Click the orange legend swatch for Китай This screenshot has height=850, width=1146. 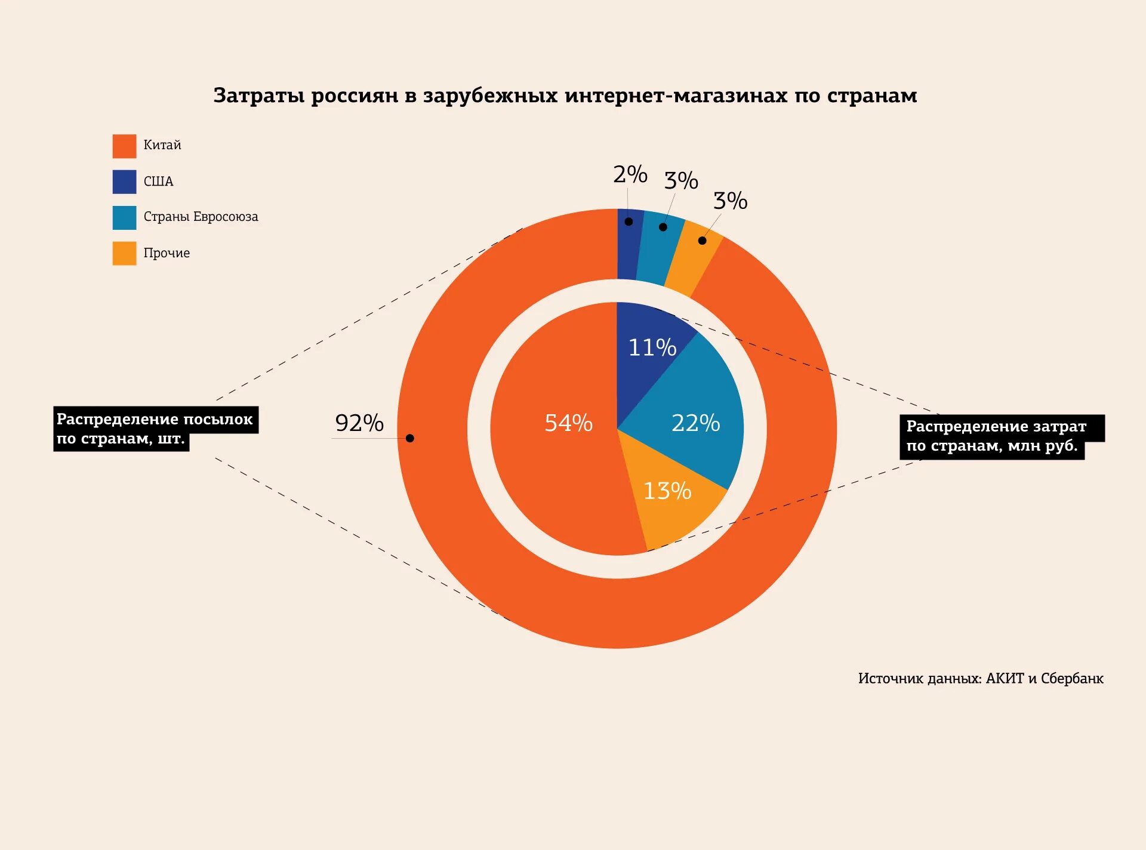click(x=124, y=146)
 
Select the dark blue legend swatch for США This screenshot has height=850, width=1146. click(x=124, y=182)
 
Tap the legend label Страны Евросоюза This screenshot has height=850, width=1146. click(x=201, y=217)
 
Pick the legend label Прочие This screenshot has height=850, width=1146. click(x=167, y=253)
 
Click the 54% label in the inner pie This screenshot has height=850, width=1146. click(x=568, y=423)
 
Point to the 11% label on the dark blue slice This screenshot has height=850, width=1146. click(x=652, y=347)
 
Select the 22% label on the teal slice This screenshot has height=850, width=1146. click(x=695, y=423)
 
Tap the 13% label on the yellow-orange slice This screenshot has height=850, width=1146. click(x=667, y=491)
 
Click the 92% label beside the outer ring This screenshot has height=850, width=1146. click(x=359, y=423)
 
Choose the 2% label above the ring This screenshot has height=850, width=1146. click(x=630, y=174)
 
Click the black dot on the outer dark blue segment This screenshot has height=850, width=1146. click(x=629, y=222)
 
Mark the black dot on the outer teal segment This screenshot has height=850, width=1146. click(x=663, y=227)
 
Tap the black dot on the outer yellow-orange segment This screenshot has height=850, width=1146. click(x=703, y=241)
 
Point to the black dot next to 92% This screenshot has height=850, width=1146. click(x=410, y=439)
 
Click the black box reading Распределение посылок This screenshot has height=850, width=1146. click(x=155, y=429)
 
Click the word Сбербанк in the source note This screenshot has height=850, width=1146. click(x=1072, y=679)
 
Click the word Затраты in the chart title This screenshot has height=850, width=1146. click(x=259, y=96)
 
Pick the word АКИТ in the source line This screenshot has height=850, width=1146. click(x=1005, y=679)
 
